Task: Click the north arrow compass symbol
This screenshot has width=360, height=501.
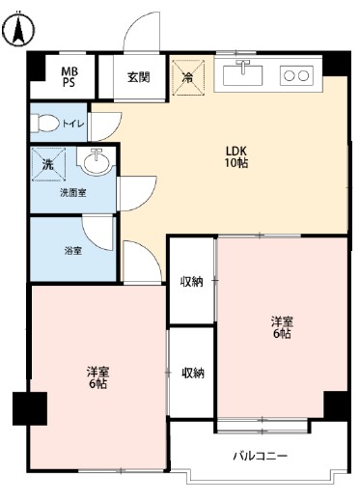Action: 16,31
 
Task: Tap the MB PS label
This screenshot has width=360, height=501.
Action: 70,76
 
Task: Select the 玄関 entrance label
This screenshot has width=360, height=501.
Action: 138,77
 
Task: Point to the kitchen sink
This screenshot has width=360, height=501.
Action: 243,71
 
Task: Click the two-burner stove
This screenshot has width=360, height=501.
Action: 296,73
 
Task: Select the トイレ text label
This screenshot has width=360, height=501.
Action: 73,124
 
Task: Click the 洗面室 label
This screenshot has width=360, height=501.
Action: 72,193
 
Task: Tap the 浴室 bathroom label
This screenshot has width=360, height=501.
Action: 72,250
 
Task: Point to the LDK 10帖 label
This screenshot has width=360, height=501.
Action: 237,157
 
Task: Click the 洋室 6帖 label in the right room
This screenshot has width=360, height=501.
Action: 281,327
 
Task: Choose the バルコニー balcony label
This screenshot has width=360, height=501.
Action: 260,455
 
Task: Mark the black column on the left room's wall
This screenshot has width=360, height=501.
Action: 29,408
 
